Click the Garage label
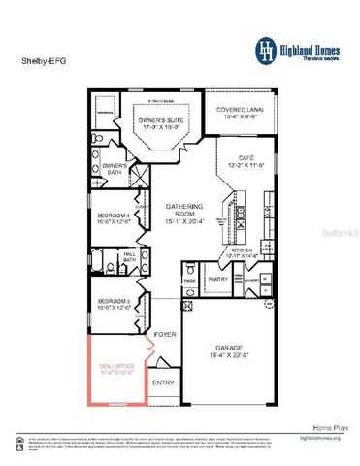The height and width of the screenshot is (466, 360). (232, 353)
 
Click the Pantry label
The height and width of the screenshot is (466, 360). (218, 279)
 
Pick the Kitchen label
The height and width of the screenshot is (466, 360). (242, 252)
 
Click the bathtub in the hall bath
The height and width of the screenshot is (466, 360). (106, 259)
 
